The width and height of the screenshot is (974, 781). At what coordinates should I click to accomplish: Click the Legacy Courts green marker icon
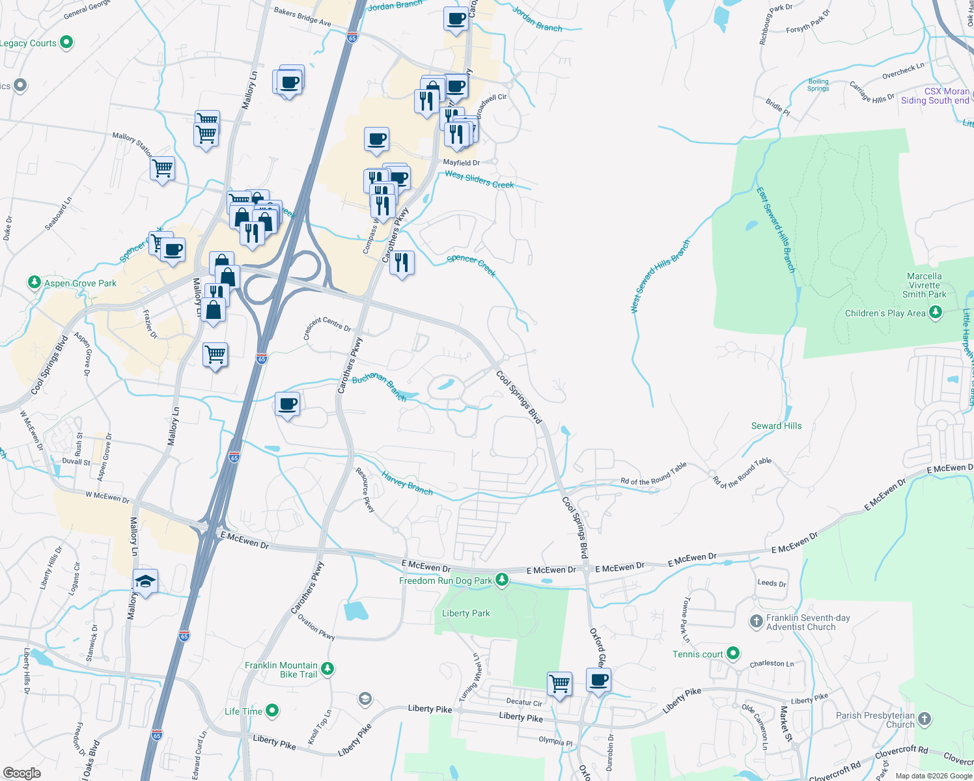tap(66, 43)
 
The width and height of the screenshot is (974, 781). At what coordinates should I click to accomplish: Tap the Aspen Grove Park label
tap(80, 283)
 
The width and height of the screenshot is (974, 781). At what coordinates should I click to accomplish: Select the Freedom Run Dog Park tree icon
tap(501, 579)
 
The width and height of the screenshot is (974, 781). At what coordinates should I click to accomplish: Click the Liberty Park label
tap(466, 613)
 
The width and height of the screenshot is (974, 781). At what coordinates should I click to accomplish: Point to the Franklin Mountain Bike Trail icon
tap(327, 668)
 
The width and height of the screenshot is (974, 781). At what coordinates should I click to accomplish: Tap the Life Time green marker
tap(272, 711)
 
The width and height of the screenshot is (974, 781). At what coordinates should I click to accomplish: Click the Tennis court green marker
tap(733, 653)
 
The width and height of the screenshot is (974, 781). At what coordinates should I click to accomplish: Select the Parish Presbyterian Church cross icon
tap(924, 719)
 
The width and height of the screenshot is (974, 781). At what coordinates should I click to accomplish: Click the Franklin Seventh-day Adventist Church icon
tap(756, 622)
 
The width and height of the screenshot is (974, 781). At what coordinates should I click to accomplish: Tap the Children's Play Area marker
tap(936, 313)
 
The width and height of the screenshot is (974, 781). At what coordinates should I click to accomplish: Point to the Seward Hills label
tap(776, 426)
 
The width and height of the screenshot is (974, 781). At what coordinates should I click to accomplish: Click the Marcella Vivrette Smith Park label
tap(924, 285)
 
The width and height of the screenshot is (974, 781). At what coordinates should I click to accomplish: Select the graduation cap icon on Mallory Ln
tap(145, 581)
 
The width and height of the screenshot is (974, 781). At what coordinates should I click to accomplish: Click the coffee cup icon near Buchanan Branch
tap(287, 405)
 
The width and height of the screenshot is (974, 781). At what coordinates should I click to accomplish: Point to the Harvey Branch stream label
tap(407, 483)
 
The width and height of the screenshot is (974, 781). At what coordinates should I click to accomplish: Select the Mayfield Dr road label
tap(461, 163)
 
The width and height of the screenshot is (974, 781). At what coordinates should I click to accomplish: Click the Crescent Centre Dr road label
tap(327, 324)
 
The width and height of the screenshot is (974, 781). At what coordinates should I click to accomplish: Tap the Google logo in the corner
tap(21, 773)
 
